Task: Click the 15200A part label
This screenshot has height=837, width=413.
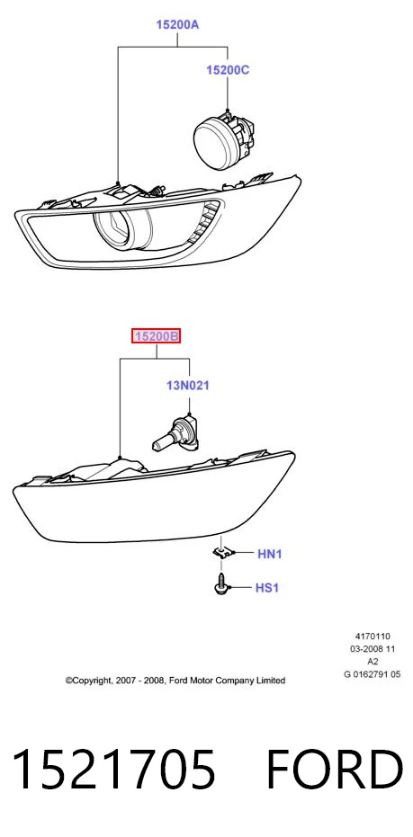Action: pos(177,24)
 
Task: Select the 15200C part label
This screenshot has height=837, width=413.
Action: pos(228,70)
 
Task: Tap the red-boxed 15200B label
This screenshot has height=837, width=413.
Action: pos(157,336)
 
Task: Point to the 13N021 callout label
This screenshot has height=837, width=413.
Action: pos(187,385)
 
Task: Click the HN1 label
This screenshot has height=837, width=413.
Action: pos(269,554)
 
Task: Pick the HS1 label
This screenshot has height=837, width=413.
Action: pos(267,588)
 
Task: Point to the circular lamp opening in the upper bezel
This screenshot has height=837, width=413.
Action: pos(122,230)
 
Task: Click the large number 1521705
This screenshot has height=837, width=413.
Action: pos(113,769)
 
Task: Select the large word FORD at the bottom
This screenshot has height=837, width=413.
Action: pos(334,769)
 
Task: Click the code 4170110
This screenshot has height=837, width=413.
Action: pos(373,636)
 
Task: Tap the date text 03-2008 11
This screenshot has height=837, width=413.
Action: pos(373,648)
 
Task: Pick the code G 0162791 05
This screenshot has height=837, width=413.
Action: pos(373,674)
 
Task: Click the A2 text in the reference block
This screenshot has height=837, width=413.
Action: pos(373,662)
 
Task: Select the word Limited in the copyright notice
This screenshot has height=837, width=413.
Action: pos(271,681)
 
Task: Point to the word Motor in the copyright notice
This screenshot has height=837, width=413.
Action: pos(199,681)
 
